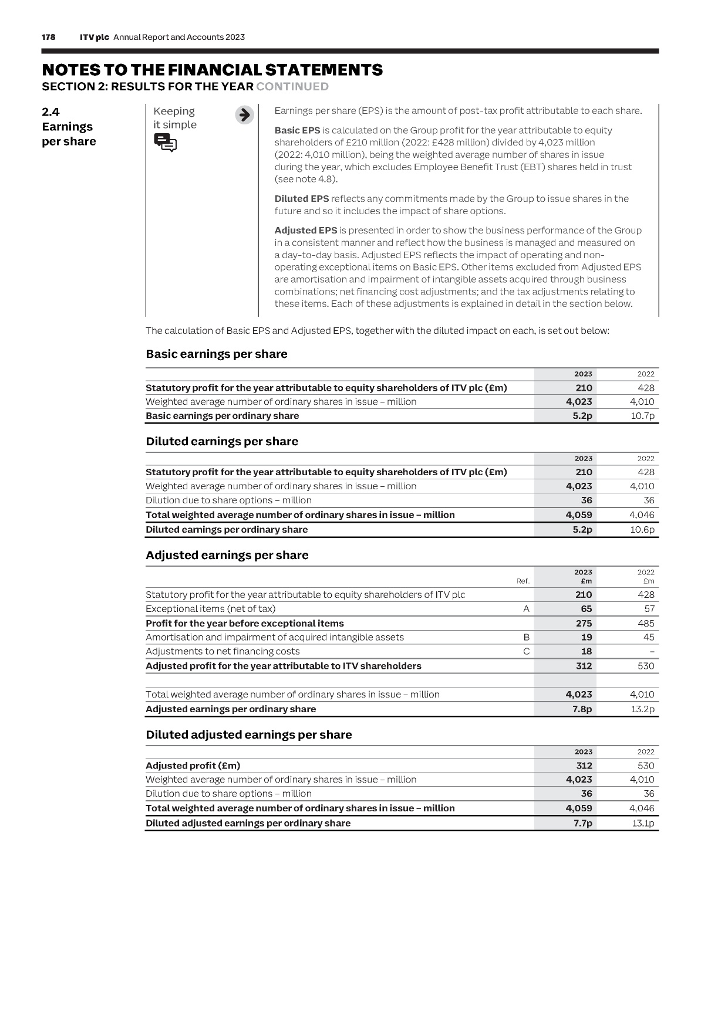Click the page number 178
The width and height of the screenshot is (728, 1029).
click(49, 37)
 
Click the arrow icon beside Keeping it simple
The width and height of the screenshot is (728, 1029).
click(244, 115)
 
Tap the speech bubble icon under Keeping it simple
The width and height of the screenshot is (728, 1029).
click(165, 143)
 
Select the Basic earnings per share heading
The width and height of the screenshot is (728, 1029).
click(216, 354)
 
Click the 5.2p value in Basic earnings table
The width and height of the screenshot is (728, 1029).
click(582, 416)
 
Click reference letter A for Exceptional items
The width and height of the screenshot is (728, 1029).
click(526, 609)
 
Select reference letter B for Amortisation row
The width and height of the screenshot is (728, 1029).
click(526, 637)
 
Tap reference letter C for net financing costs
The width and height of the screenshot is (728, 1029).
click(526, 651)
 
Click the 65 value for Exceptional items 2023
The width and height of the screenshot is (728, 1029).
click(586, 609)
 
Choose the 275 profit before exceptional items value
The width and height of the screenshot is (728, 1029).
click(584, 624)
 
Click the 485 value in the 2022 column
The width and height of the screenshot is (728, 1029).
click(646, 624)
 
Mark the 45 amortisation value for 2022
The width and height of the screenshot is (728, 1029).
click(649, 637)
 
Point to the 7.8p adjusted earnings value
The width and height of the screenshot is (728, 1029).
click(582, 709)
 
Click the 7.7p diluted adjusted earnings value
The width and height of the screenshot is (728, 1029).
click(582, 823)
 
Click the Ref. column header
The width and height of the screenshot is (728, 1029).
click(523, 581)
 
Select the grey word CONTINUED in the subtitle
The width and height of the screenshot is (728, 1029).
click(292, 87)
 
